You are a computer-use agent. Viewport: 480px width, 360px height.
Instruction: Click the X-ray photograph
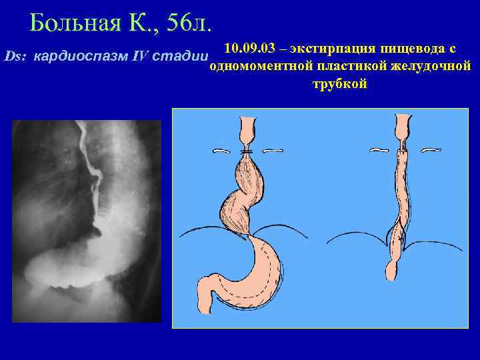click(x=87, y=220)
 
